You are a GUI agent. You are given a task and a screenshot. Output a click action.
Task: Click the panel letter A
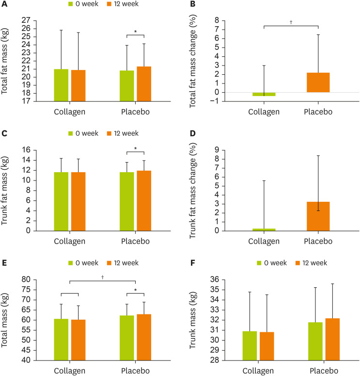click(x=4, y=6)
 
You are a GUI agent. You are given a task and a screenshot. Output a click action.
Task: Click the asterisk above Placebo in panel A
click(x=135, y=32)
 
